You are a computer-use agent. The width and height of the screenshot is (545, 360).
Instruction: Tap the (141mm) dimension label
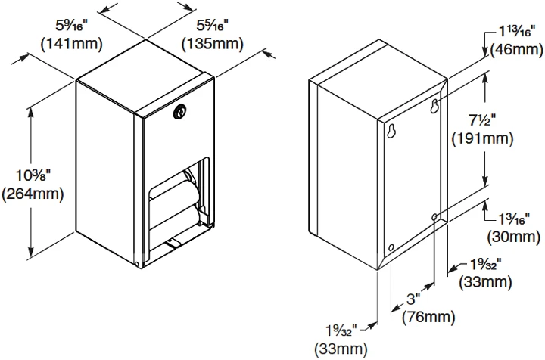[x=72, y=44]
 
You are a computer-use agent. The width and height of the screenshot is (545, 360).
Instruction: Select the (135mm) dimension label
[x=213, y=44]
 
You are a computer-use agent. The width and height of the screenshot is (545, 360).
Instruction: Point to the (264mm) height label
[x=33, y=194]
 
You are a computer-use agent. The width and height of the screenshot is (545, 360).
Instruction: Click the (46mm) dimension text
[x=516, y=50]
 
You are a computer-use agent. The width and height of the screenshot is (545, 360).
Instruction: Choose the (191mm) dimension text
[x=482, y=139]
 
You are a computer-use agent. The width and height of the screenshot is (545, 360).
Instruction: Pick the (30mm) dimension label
[x=514, y=237]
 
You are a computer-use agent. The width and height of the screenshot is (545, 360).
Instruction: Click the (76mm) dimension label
[x=428, y=317]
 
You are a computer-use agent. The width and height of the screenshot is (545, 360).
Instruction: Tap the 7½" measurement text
[x=482, y=120]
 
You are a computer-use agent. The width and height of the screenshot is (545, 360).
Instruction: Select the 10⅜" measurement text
[x=33, y=175]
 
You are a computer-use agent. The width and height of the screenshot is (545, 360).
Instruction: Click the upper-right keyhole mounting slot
[x=434, y=106]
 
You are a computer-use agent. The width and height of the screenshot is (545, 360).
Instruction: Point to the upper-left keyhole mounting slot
[x=392, y=132]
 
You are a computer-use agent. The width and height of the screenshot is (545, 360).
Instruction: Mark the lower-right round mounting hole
[x=434, y=217]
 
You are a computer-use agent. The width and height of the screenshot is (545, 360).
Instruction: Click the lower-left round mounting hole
[x=391, y=247]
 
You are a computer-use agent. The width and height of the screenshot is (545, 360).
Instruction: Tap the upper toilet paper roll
[x=175, y=188]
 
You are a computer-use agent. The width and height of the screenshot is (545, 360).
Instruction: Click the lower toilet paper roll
[x=175, y=216]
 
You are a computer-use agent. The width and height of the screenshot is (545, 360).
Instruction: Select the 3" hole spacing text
[x=413, y=299]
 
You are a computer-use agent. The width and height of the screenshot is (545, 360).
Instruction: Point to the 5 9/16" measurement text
[x=72, y=26]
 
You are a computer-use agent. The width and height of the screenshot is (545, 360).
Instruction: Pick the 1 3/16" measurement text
[x=515, y=219]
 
